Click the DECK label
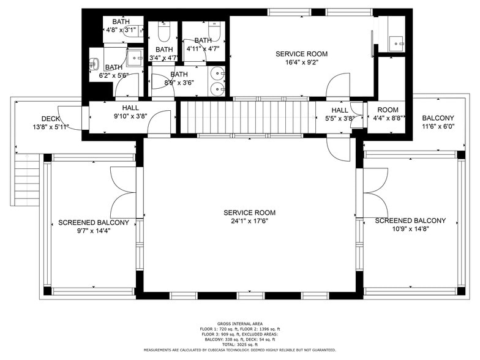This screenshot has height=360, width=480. [x=50, y=119]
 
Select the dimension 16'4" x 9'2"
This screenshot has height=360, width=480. [x=297, y=62]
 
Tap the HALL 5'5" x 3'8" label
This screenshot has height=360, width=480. [x=339, y=114]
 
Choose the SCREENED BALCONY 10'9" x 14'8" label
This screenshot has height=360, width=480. [x=410, y=225]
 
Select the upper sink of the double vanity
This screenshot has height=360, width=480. [x=219, y=74]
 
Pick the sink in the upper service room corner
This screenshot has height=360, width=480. [x=396, y=43]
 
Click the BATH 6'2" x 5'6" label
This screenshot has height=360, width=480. [x=114, y=72]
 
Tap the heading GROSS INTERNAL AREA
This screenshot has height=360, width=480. [x=239, y=323]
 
